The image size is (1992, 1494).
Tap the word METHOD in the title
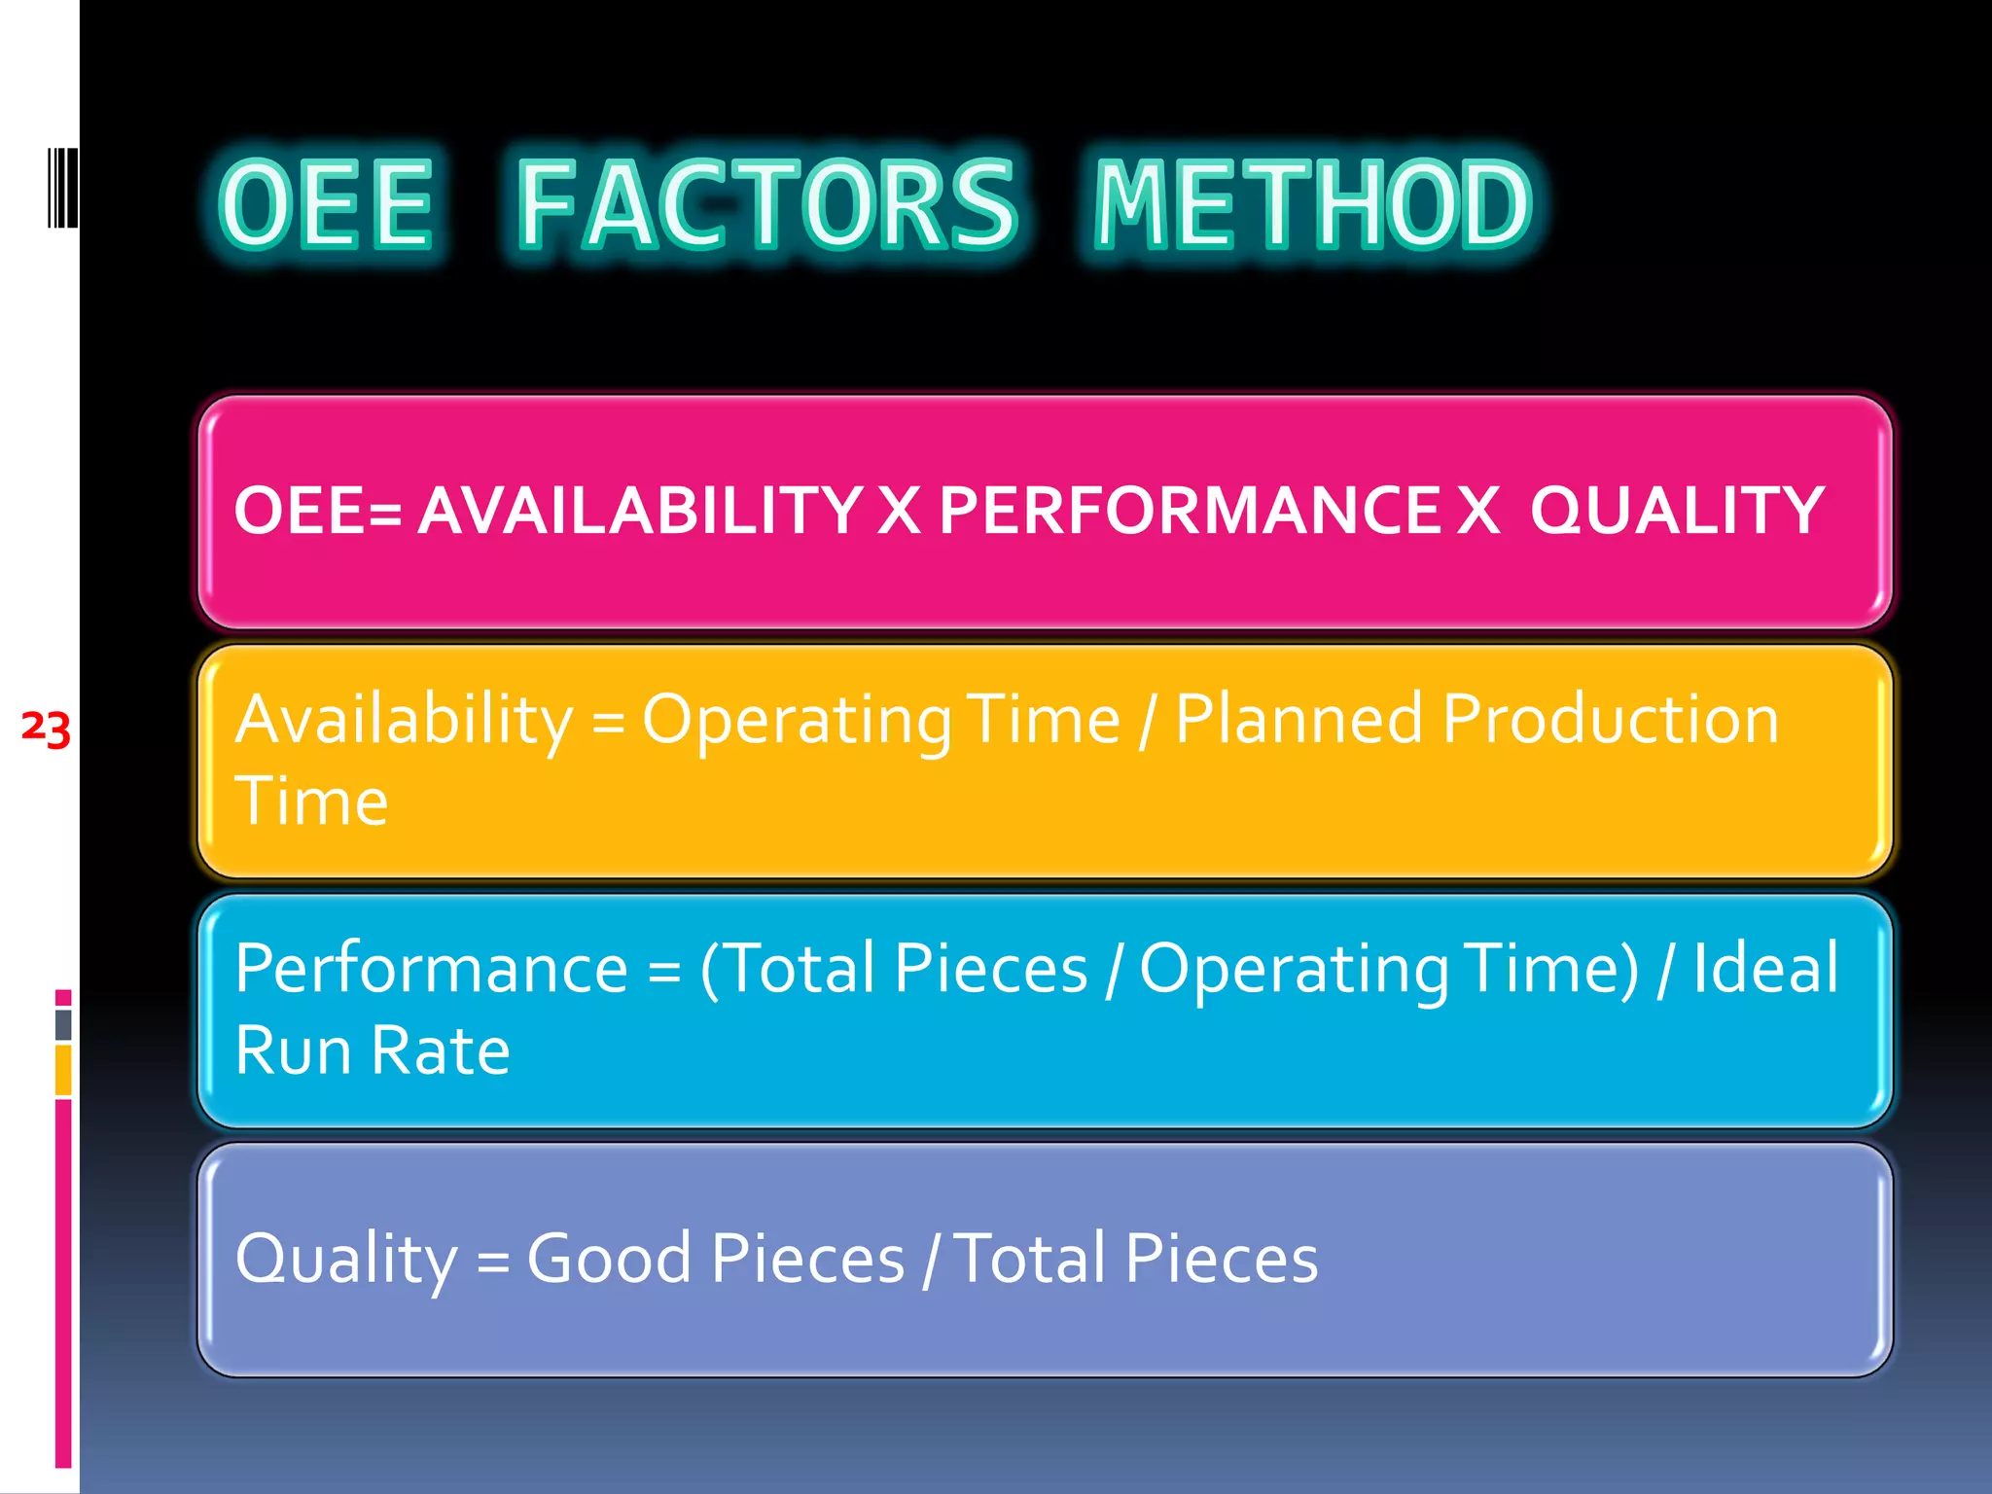(1313, 204)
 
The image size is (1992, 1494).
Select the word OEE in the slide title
(326, 204)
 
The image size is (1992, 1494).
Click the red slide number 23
(46, 728)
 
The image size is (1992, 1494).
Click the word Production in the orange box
(1611, 720)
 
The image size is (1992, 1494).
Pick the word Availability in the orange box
(404, 720)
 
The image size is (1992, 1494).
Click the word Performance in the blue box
(431, 969)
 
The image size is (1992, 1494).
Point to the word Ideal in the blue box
(1765, 969)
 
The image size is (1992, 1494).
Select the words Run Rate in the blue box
(373, 1050)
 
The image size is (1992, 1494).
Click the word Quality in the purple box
(345, 1259)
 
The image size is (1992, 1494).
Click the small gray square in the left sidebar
(63, 1024)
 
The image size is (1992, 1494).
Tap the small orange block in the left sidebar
(63, 1070)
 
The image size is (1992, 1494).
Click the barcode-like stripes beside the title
(62, 187)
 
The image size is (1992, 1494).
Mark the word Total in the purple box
(1031, 1259)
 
